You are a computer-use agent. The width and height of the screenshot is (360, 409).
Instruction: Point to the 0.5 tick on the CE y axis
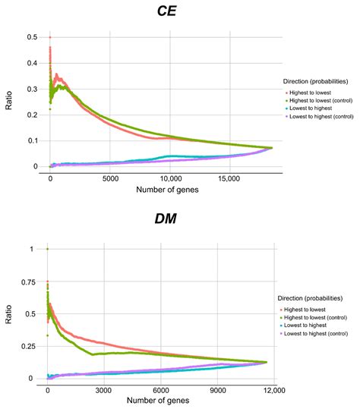click(x=31, y=37)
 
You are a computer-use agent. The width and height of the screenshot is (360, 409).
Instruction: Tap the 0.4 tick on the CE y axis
click(x=31, y=63)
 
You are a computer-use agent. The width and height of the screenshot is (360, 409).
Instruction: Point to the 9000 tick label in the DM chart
click(x=217, y=391)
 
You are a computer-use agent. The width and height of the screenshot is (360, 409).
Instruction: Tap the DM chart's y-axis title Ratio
click(x=8, y=313)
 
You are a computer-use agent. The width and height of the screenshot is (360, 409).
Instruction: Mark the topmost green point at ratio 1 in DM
click(x=48, y=249)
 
